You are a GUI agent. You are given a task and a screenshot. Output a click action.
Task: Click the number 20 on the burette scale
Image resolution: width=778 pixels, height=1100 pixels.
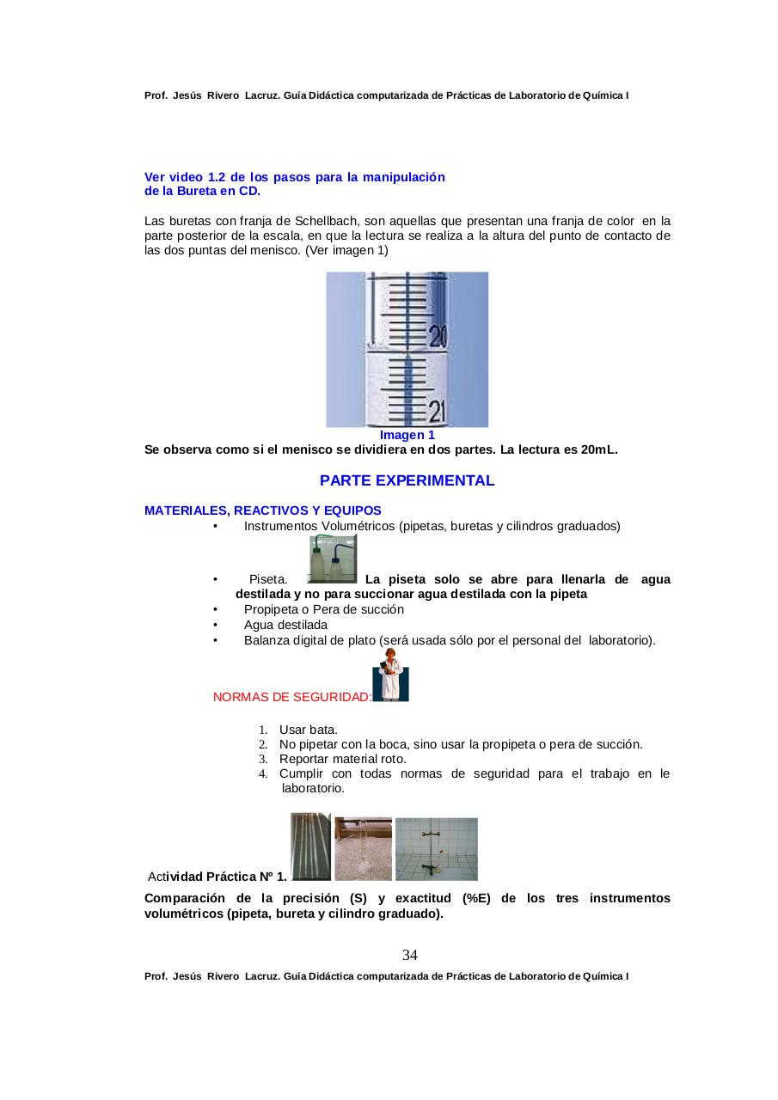tap(438, 336)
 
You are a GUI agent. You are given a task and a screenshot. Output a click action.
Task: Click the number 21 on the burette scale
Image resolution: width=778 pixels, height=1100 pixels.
tap(438, 412)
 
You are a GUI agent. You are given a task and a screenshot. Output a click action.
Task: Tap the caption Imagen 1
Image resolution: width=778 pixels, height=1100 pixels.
tap(407, 435)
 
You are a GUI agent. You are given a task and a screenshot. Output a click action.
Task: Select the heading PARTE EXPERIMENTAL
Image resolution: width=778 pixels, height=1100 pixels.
tap(407, 480)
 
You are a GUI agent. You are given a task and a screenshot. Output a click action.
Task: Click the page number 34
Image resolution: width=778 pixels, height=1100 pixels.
tap(410, 956)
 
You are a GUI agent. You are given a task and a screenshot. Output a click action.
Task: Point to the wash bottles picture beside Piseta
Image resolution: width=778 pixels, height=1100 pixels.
tap(332, 559)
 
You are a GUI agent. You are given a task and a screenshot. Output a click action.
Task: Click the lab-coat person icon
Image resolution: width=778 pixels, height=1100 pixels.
tap(392, 675)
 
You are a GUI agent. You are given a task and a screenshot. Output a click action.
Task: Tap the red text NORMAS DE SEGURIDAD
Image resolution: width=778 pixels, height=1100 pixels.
tap(291, 697)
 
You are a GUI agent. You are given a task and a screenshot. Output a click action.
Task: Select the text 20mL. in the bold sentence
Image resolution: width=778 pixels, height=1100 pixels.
tap(600, 449)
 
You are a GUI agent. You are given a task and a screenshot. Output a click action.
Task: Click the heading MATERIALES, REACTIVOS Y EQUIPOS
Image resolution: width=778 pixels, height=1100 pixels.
tap(263, 510)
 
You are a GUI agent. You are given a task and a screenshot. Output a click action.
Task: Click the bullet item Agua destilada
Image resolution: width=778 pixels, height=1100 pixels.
tap(285, 625)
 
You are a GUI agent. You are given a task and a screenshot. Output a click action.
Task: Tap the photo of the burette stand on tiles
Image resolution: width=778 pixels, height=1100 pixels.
tap(436, 848)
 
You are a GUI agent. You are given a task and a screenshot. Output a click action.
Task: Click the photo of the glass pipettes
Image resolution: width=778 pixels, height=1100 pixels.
tap(310, 846)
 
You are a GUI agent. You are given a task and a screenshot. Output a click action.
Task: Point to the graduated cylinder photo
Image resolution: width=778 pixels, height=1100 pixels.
tap(363, 848)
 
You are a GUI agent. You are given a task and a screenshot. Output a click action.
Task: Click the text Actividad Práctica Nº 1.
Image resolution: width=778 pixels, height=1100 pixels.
tap(217, 877)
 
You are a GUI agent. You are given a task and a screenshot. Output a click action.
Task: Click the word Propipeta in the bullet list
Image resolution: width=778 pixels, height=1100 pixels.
tap(272, 609)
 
